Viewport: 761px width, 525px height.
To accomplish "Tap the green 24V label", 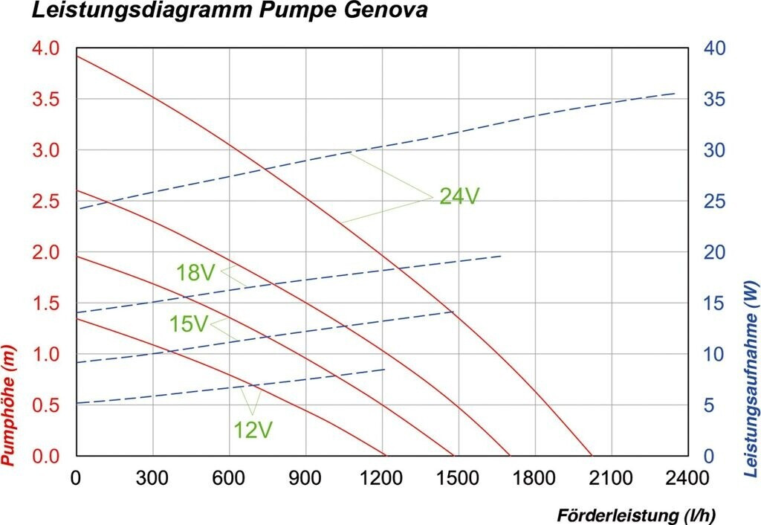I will pyautogui.click(x=459, y=196).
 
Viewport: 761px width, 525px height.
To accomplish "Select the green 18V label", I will pyautogui.click(x=195, y=273).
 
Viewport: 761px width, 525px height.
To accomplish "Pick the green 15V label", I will pyautogui.click(x=188, y=325).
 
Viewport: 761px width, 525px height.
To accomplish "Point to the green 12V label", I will pyautogui.click(x=253, y=430).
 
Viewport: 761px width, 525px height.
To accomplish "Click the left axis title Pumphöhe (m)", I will pyautogui.click(x=9, y=406).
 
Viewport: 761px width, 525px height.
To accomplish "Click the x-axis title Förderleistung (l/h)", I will pyautogui.click(x=638, y=515).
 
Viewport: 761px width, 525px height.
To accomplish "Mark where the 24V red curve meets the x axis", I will pyautogui.click(x=592, y=455).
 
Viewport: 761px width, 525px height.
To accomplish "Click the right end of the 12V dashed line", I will pyautogui.click(x=385, y=369).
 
